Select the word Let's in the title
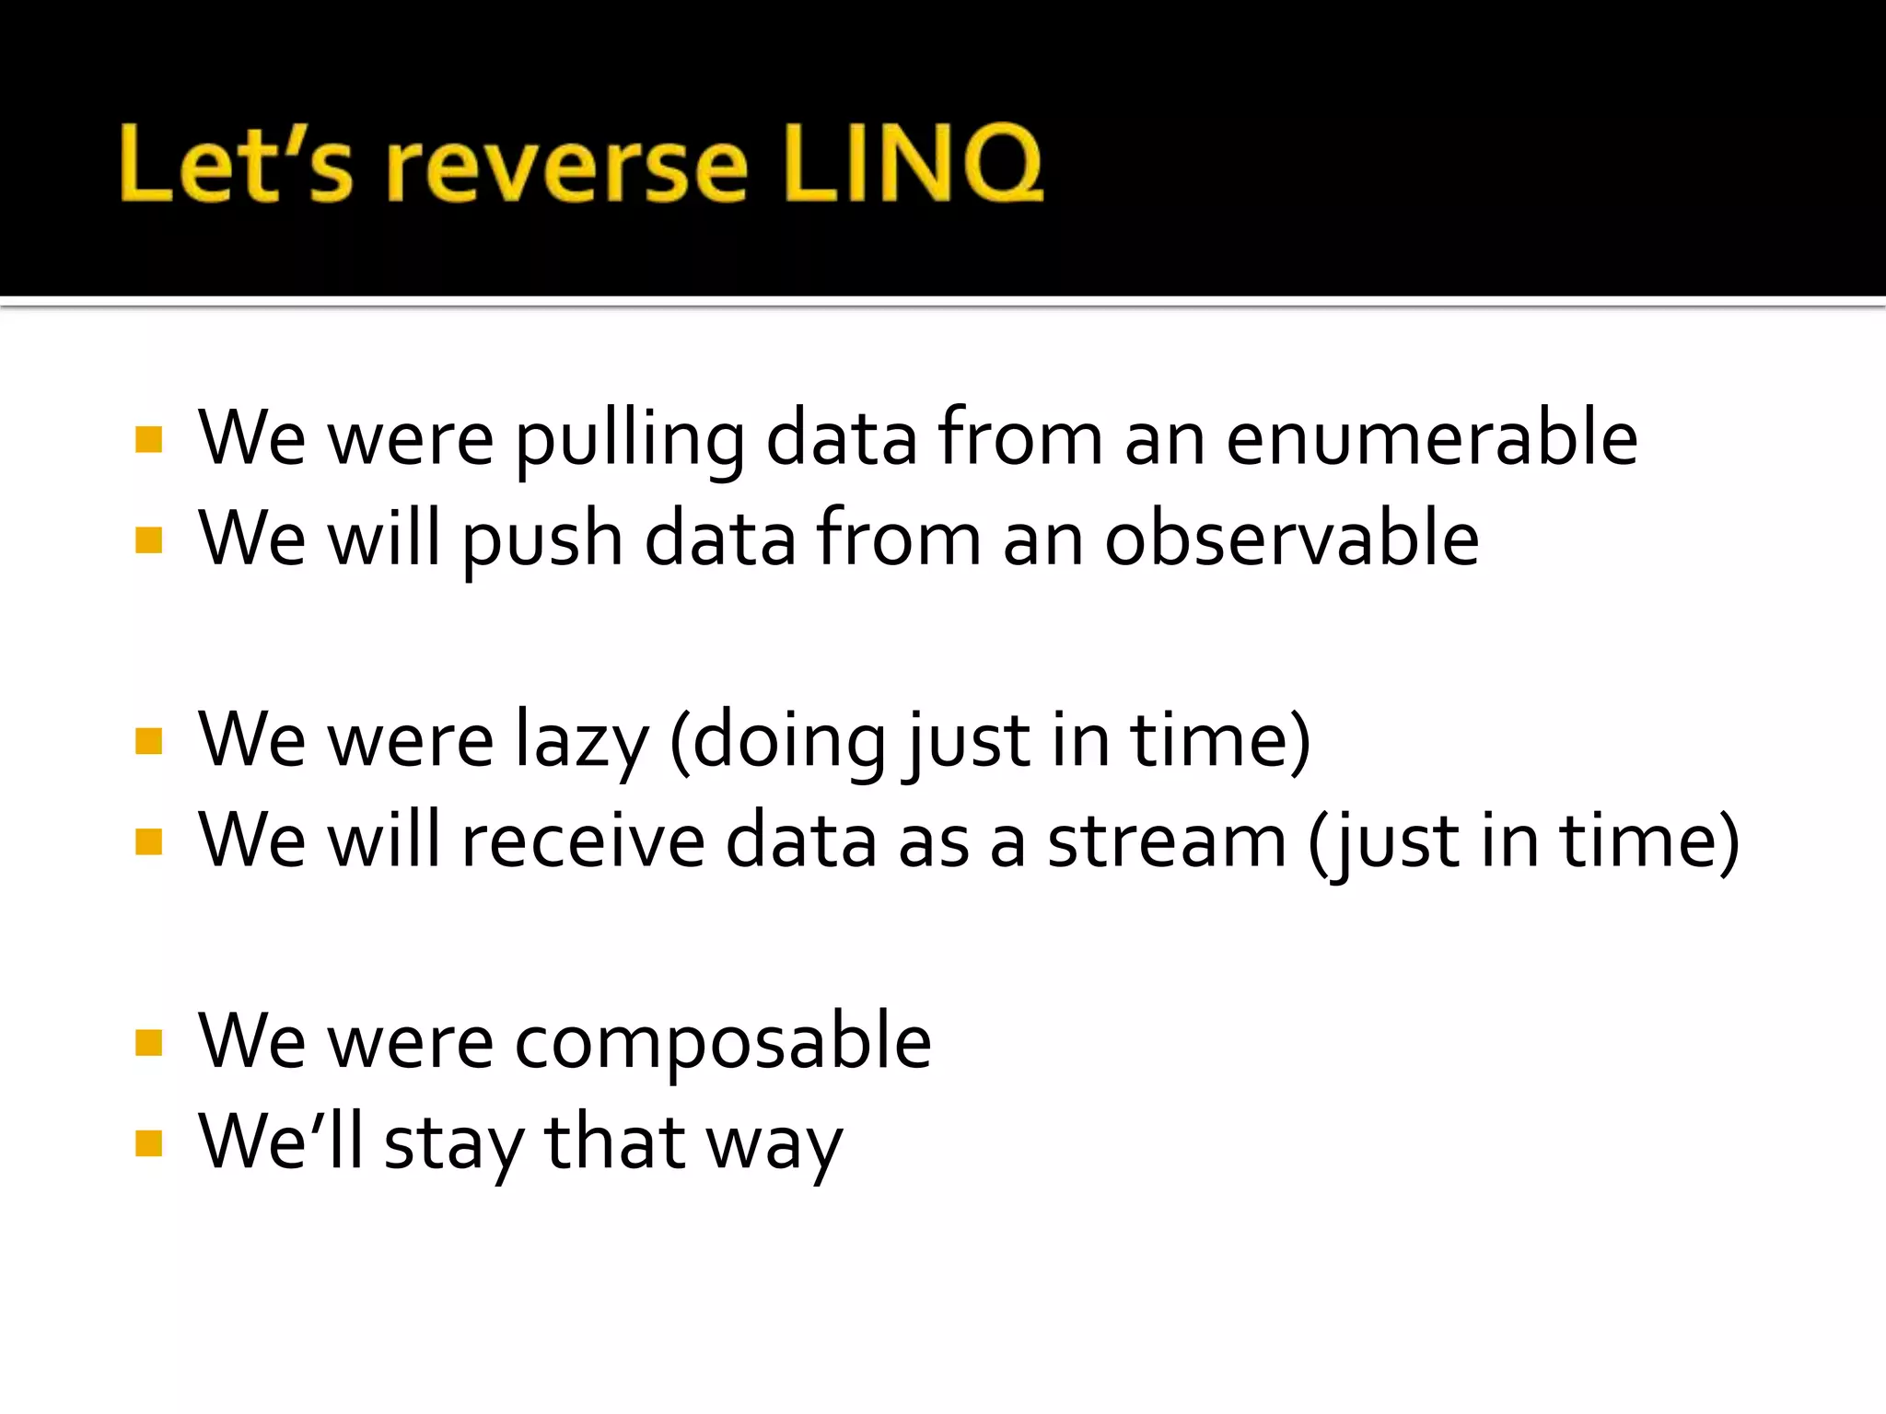click(x=236, y=164)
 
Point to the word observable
click(x=1291, y=539)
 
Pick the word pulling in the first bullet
click(x=629, y=440)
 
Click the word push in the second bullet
click(x=542, y=540)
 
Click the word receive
click(x=582, y=840)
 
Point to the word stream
click(x=1166, y=840)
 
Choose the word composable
click(x=723, y=1042)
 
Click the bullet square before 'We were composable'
click(x=148, y=1043)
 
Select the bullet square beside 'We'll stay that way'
click(x=148, y=1143)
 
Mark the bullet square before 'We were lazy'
click(x=148, y=741)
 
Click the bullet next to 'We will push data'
click(x=148, y=539)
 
